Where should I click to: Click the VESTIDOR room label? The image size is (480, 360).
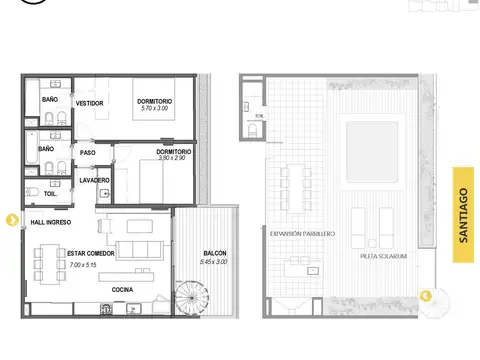(90, 103)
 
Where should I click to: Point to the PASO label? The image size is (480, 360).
(87, 153)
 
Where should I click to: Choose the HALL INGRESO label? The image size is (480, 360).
(50, 222)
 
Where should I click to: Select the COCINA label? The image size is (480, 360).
(123, 289)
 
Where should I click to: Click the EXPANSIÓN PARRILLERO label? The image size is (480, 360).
(302, 233)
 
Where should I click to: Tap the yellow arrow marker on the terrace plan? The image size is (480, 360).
(426, 296)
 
